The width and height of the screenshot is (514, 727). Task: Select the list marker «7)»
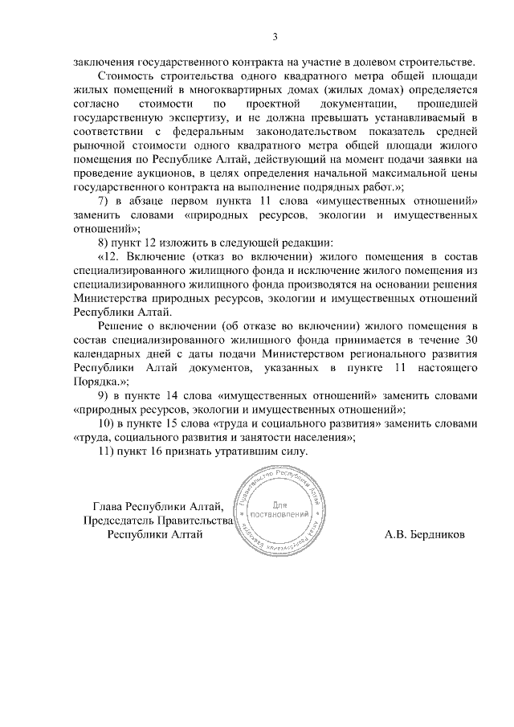pos(104,201)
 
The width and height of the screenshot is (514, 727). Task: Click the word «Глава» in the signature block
pos(108,505)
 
